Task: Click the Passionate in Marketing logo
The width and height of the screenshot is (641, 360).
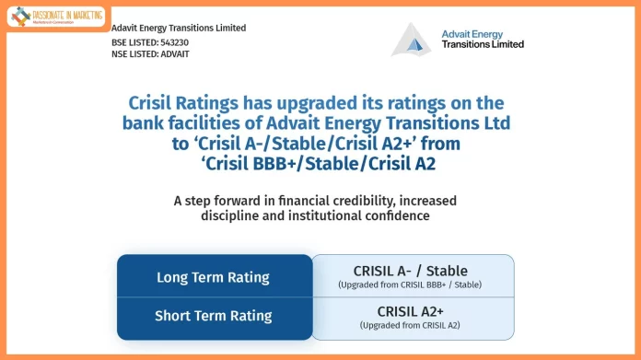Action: point(56,16)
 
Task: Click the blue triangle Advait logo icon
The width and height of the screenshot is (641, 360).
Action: point(411,40)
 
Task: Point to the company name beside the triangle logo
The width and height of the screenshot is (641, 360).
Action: point(483,39)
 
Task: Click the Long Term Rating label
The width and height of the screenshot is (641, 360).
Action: point(213,277)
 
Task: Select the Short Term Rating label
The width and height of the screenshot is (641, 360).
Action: point(213,316)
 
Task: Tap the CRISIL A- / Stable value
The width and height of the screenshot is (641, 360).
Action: point(411,271)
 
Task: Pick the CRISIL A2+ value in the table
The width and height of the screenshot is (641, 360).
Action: point(411,311)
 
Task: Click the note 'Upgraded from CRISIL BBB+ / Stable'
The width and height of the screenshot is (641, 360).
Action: point(411,285)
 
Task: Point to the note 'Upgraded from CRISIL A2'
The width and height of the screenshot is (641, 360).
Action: point(411,326)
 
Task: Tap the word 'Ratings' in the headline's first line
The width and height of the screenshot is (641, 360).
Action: point(206,103)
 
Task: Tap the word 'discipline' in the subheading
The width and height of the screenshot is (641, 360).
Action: point(232,215)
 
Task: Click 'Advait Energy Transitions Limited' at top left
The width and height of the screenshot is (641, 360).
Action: point(179,28)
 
